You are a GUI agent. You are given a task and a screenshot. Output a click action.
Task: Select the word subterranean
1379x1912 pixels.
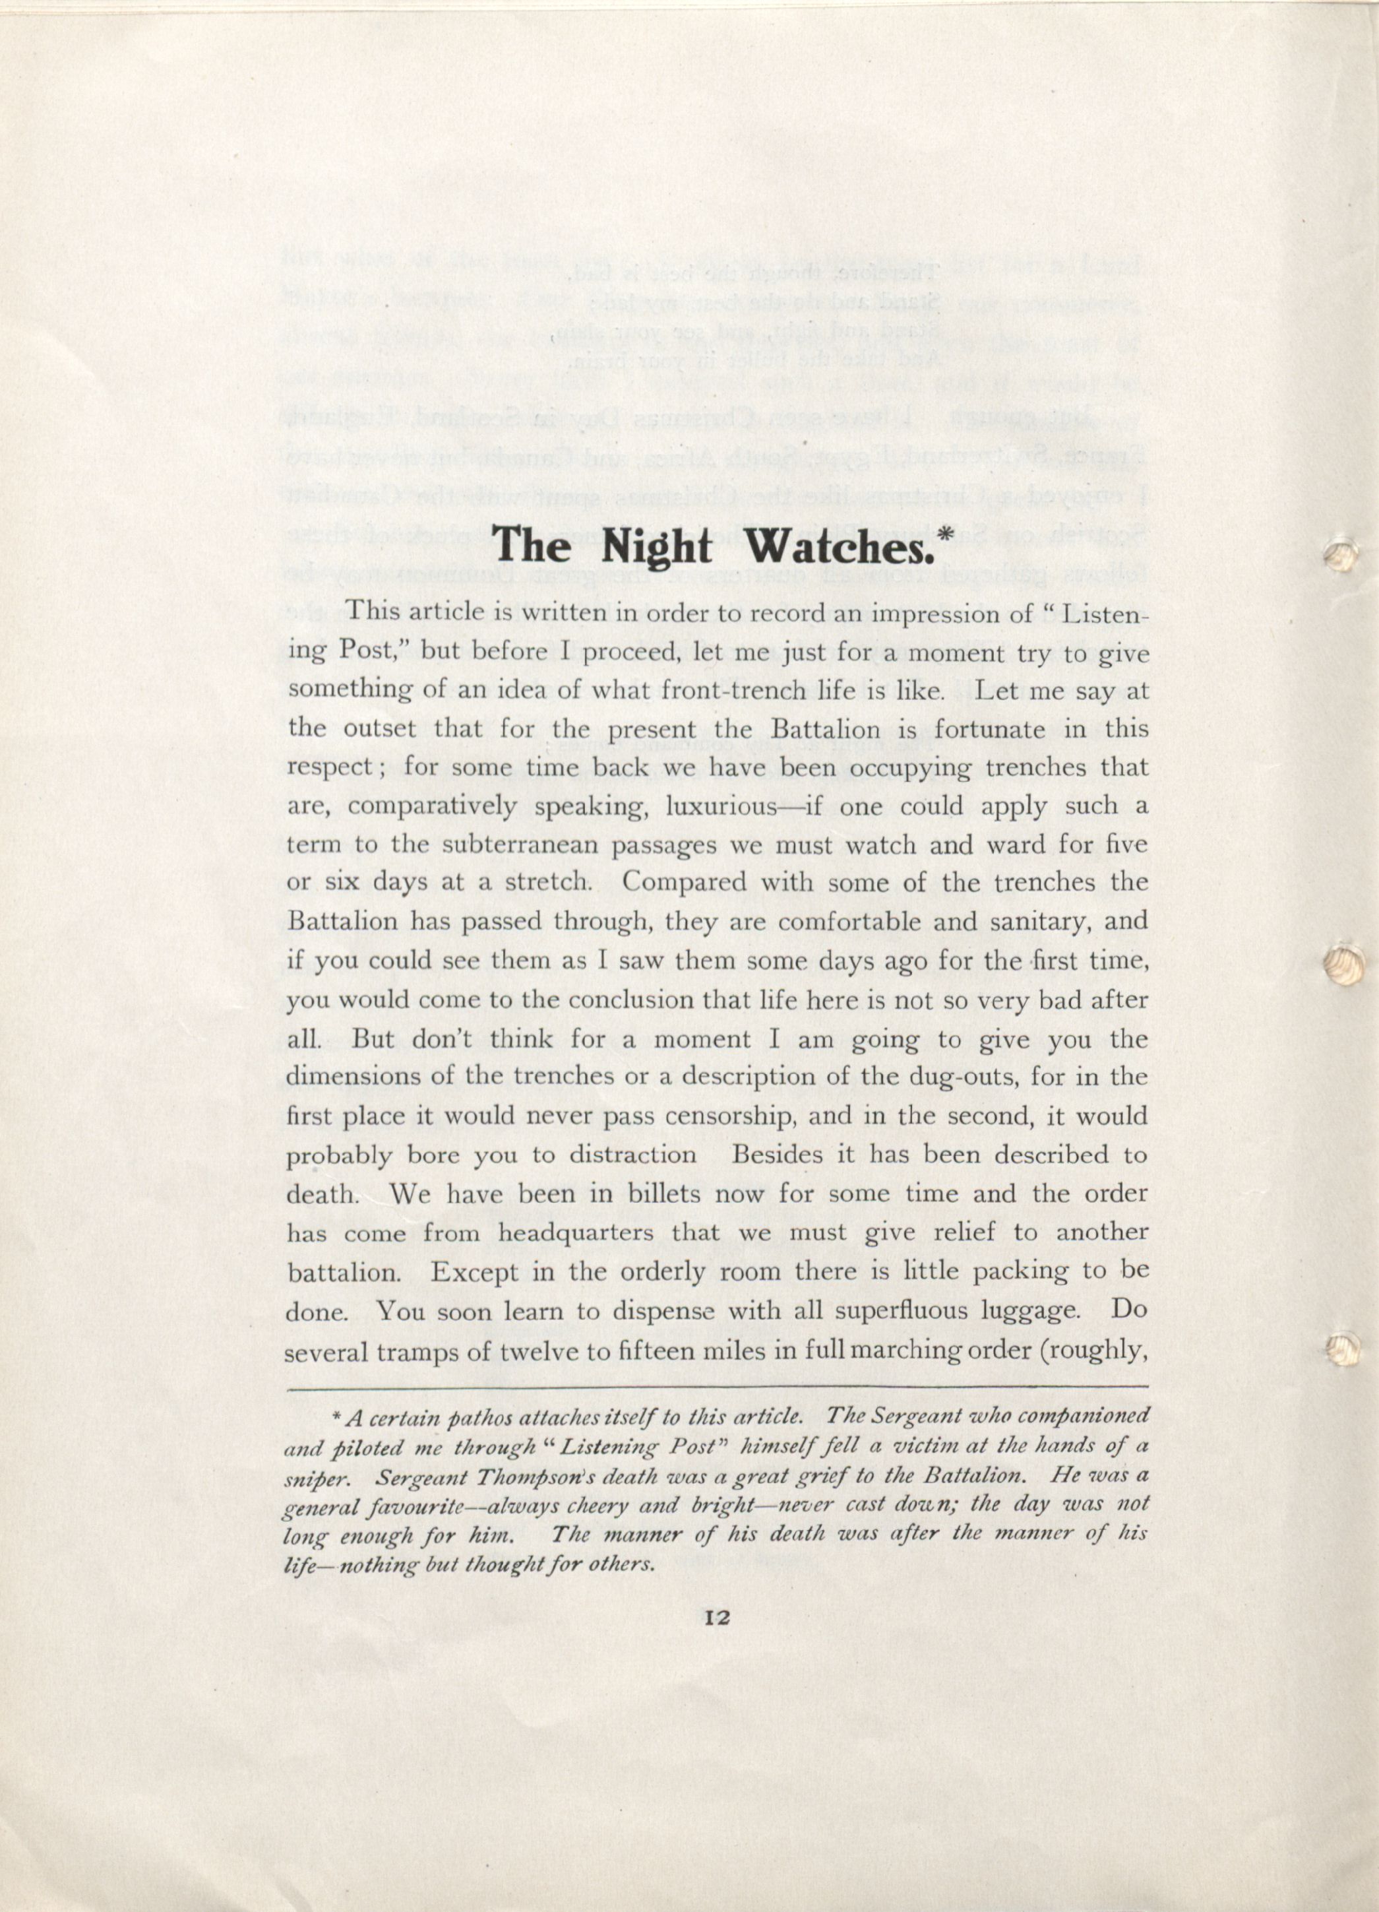pyautogui.click(x=524, y=844)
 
